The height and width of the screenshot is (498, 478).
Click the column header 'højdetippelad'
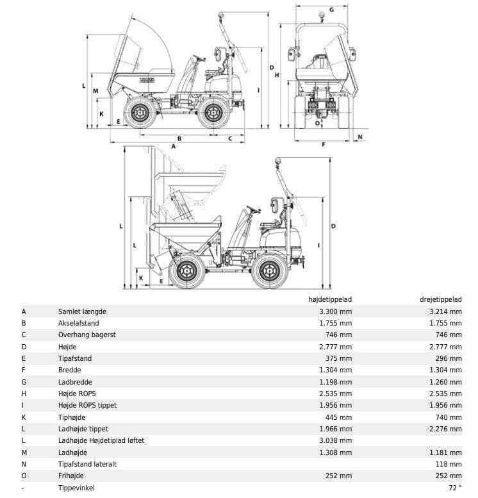click(331, 299)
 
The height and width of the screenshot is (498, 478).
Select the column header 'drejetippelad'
click(441, 299)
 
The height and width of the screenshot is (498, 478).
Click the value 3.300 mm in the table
click(335, 311)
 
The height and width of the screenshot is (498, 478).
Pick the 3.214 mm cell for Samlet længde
click(445, 311)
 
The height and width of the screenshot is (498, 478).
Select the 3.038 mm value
click(335, 440)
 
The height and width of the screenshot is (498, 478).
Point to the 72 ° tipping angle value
click(455, 488)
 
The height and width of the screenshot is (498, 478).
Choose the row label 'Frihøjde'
click(70, 476)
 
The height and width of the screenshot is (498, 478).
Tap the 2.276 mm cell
click(445, 429)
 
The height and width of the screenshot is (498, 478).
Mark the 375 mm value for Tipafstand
click(338, 358)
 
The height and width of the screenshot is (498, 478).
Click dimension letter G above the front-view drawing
click(331, 10)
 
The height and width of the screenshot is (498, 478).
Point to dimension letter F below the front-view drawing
click(324, 145)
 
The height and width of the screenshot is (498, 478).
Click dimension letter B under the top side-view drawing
click(179, 138)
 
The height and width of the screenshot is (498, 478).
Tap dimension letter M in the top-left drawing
click(95, 91)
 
